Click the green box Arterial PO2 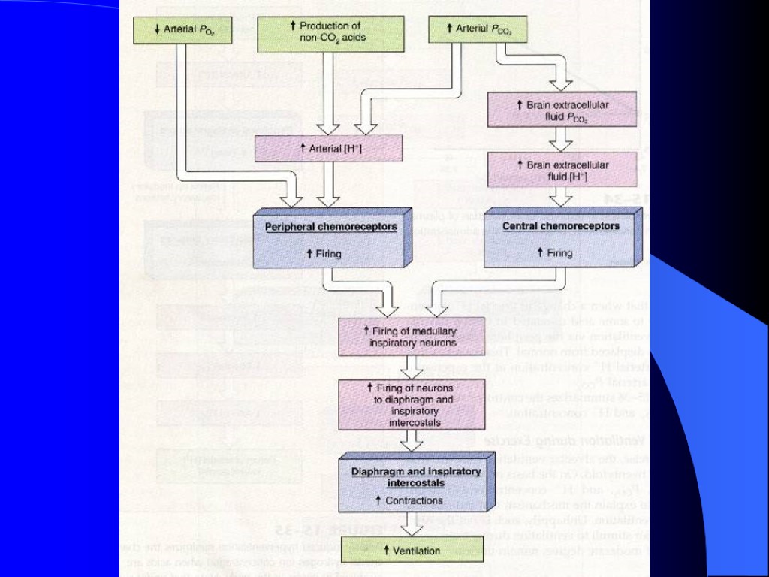[x=180, y=30]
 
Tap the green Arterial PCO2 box [x=477, y=30]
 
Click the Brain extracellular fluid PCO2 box [x=562, y=110]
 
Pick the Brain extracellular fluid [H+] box [x=562, y=171]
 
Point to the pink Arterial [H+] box [x=329, y=149]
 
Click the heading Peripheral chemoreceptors [x=330, y=225]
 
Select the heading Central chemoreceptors [x=560, y=225]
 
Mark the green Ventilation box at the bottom [x=412, y=551]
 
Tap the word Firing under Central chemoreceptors [x=559, y=253]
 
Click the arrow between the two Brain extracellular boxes [x=561, y=140]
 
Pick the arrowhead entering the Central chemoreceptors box [x=561, y=198]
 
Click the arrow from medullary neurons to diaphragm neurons [x=411, y=368]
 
